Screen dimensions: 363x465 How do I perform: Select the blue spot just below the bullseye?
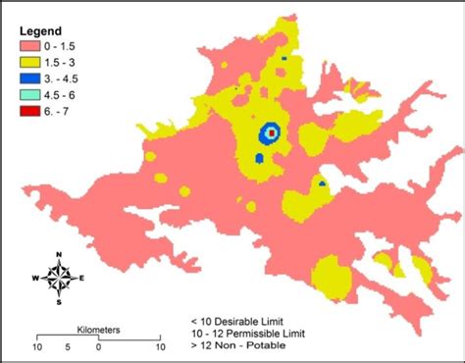(259, 157)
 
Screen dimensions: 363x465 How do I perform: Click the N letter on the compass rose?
(60, 256)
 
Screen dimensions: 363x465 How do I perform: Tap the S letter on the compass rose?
(60, 302)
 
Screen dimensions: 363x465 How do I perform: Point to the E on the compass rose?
(81, 279)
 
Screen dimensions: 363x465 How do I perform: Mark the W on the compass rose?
(36, 279)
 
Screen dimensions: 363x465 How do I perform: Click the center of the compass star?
(60, 279)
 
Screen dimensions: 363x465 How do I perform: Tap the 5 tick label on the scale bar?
(67, 347)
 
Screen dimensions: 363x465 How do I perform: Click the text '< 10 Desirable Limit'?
(239, 321)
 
